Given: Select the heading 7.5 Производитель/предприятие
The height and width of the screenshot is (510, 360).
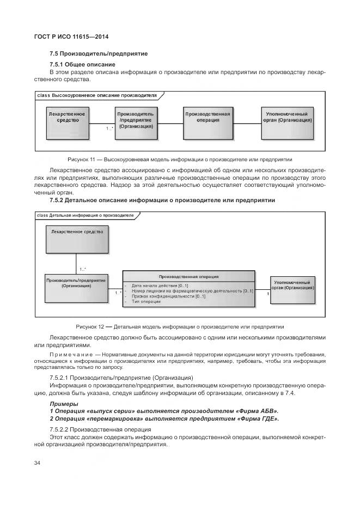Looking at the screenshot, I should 99,53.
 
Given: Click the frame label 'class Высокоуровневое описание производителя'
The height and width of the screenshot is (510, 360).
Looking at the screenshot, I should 96,95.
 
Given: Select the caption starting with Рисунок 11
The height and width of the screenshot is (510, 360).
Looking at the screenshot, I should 180,160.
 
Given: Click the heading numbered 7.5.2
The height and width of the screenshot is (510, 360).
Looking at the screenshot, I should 162,201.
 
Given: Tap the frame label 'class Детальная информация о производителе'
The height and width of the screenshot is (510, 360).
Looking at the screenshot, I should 85,215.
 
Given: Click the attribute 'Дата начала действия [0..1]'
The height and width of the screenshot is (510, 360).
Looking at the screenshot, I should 160,286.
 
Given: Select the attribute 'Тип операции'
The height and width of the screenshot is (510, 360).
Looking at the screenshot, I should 146,302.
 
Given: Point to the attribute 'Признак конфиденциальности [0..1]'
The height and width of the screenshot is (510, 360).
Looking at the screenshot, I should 168,296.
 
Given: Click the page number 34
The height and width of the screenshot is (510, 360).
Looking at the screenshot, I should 38,463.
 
